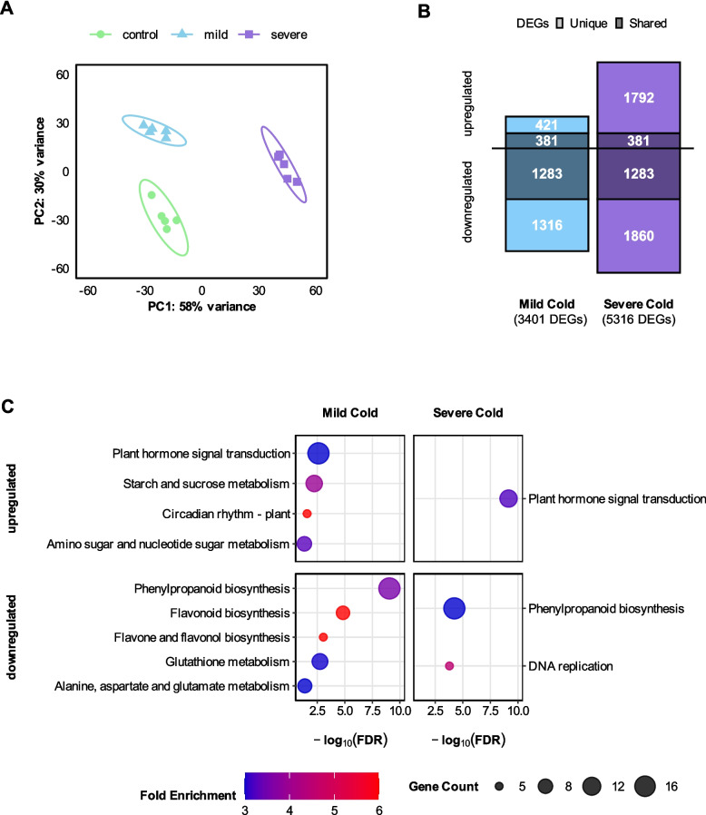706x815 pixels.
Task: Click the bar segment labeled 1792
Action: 637,95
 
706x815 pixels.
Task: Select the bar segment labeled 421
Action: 547,124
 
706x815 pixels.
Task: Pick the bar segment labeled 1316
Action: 547,224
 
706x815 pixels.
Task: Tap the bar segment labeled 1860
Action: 637,235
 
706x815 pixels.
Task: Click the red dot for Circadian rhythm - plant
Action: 308,515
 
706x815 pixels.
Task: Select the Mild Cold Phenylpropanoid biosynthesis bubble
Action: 389,588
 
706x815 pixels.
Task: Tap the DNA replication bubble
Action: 449,666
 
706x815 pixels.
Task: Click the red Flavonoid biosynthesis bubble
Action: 343,613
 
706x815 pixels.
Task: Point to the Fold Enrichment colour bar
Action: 311,785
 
